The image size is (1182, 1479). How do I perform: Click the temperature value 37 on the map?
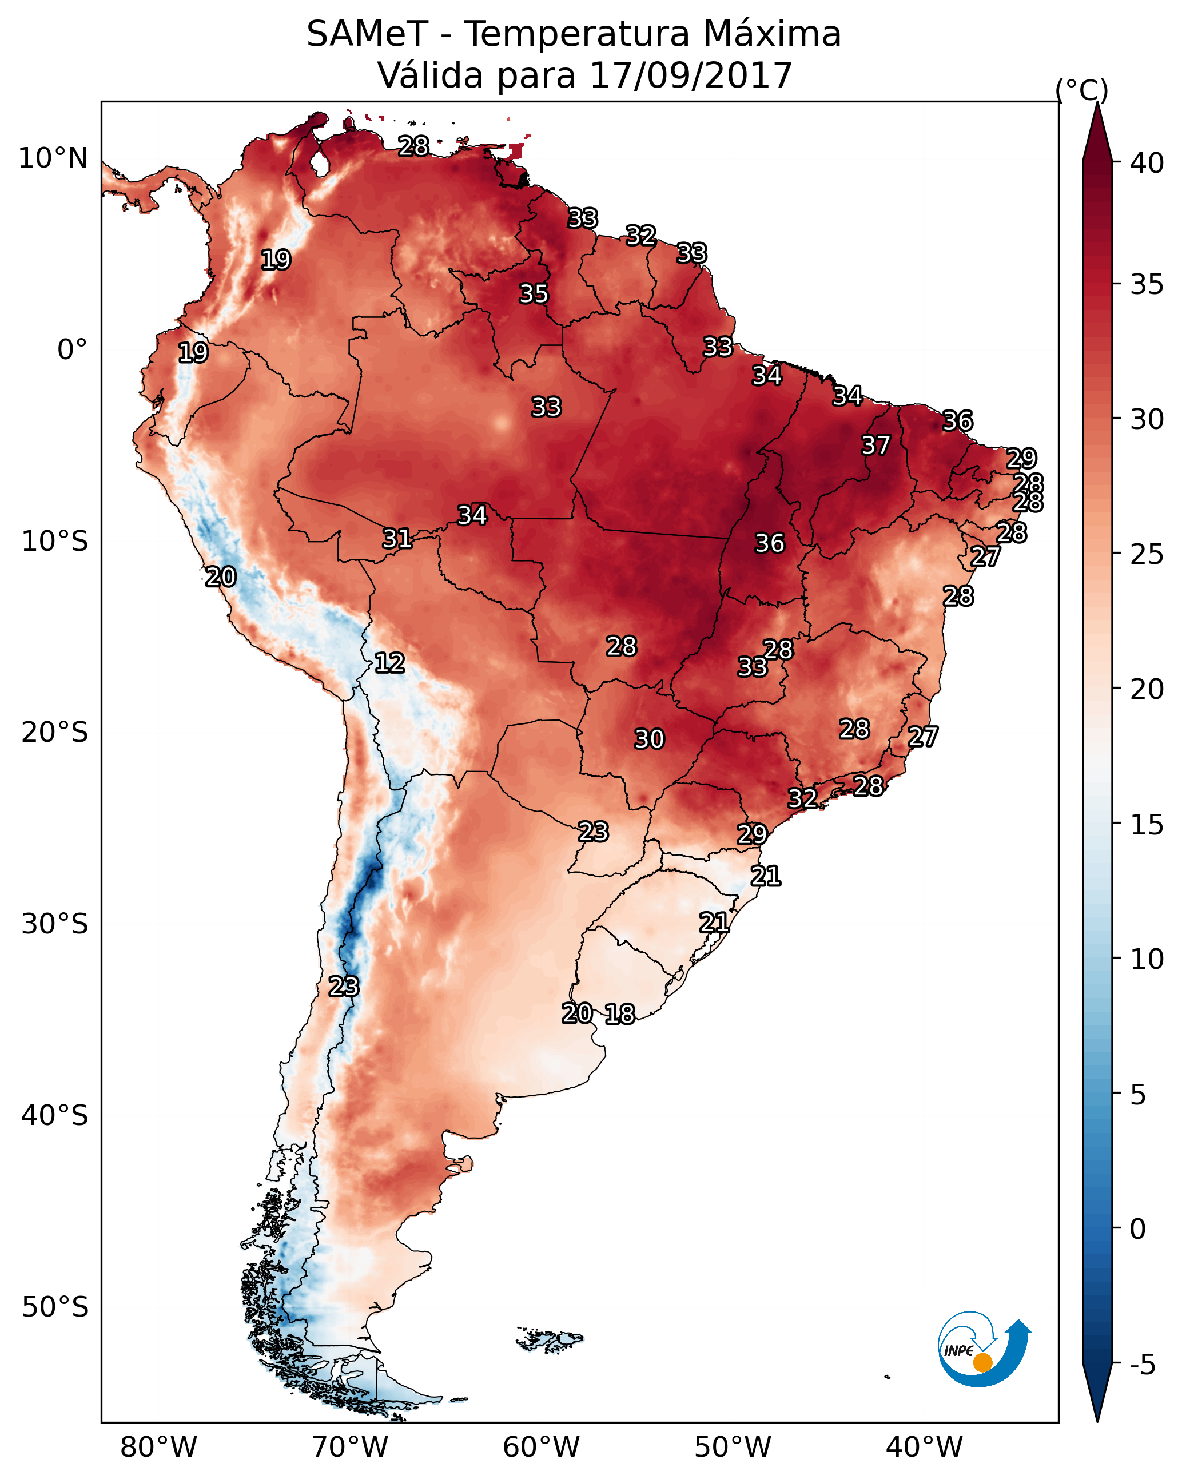pyautogui.click(x=875, y=445)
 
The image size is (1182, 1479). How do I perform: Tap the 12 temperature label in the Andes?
pyautogui.click(x=389, y=663)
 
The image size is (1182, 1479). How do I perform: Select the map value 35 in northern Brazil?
pyautogui.click(x=533, y=293)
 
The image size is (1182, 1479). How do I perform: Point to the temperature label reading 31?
pyautogui.click(x=396, y=539)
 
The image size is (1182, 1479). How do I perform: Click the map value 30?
pyautogui.click(x=649, y=739)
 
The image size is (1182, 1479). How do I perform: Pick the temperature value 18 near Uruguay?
pyautogui.click(x=619, y=1014)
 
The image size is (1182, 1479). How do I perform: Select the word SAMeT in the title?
pyautogui.click(x=367, y=34)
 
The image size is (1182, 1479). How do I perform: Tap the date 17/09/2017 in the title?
pyautogui.click(x=690, y=75)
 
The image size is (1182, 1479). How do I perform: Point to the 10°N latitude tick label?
pyautogui.click(x=53, y=158)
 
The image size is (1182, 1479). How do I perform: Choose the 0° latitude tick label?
pyautogui.click(x=72, y=350)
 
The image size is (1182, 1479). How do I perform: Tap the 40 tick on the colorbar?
pyautogui.click(x=1147, y=162)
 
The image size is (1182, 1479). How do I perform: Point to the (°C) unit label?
pyautogui.click(x=1081, y=90)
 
